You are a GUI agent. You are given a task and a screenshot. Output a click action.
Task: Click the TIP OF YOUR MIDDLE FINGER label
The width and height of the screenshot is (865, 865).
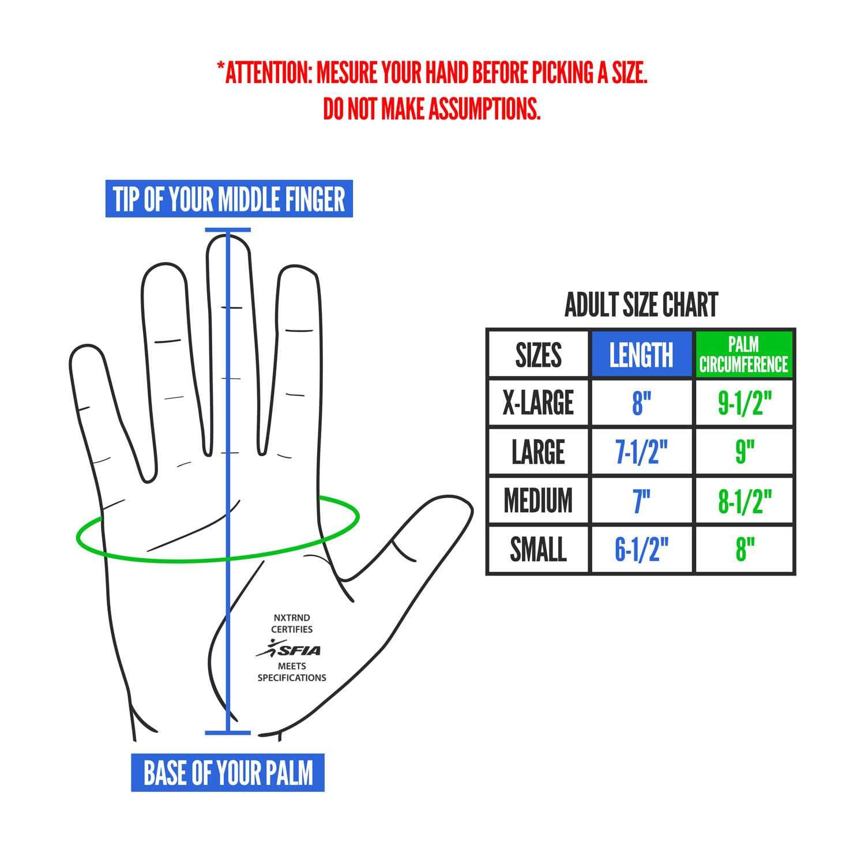coord(229,200)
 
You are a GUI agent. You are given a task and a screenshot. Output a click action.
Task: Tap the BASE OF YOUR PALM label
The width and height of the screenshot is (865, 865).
coord(228,772)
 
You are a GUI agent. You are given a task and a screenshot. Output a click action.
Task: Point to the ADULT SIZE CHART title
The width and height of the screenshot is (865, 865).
coord(641,305)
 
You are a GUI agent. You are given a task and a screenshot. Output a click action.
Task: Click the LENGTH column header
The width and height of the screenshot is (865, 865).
coord(641,354)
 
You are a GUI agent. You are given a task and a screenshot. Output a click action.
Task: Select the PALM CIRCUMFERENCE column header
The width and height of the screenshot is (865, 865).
coord(743,354)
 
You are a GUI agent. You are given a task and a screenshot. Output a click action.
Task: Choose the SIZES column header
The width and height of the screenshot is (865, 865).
coord(538,354)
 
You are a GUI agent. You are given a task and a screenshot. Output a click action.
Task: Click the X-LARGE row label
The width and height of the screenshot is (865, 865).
coord(538,403)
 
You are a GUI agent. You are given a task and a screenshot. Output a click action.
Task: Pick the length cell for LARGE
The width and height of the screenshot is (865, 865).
coord(641,451)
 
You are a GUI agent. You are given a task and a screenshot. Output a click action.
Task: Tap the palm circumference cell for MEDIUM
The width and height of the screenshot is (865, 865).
coord(744,500)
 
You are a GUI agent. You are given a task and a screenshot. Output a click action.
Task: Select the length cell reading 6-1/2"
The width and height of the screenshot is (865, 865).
coord(641,549)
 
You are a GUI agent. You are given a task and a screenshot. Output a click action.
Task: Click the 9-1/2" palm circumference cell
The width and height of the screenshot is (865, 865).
coord(744,403)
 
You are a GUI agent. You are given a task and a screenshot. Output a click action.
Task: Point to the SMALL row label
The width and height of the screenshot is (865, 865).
coord(538,549)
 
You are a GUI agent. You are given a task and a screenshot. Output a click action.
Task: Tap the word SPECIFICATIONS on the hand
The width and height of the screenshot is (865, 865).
coord(291,678)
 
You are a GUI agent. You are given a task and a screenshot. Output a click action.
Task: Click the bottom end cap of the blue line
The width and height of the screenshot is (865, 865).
coord(228,733)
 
